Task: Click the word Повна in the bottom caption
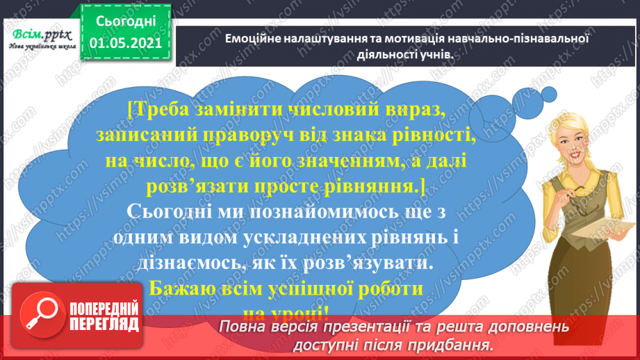click(242, 327)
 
